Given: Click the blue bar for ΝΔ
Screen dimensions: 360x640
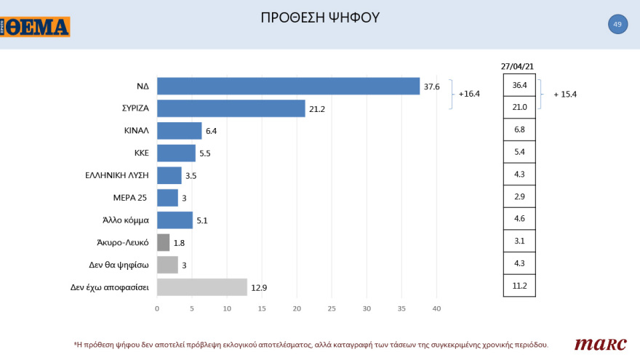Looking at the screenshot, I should coord(288,86).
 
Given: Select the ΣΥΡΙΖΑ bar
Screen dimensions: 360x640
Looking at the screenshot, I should coord(231,108).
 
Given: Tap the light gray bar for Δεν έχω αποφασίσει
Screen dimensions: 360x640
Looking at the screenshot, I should coord(202,287).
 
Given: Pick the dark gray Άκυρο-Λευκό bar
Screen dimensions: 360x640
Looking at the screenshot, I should coord(164,242).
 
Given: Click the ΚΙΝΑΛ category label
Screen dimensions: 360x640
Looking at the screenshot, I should coord(137,131).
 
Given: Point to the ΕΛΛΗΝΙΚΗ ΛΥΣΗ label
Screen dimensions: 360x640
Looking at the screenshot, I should coord(118,175).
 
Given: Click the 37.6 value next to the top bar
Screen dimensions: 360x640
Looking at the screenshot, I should coord(432,87).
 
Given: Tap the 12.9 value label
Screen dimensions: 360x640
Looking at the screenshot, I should coord(260,287).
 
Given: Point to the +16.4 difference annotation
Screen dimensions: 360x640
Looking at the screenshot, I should coord(469,95).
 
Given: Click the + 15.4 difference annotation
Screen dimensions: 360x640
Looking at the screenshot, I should coord(569,95).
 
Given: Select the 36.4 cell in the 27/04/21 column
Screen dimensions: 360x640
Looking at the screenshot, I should coord(519,86).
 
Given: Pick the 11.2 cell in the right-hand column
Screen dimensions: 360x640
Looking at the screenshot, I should coord(519,286).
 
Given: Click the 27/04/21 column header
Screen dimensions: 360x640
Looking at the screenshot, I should coord(519,66).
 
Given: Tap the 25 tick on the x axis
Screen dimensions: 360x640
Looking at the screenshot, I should coord(332,309).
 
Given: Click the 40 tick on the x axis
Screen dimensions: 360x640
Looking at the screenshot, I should coord(436,309).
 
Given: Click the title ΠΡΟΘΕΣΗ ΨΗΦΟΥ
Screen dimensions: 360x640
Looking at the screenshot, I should coord(320,17).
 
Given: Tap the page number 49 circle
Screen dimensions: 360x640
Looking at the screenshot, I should coord(617,25).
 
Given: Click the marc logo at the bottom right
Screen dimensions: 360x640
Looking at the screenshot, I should coord(596,344).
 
